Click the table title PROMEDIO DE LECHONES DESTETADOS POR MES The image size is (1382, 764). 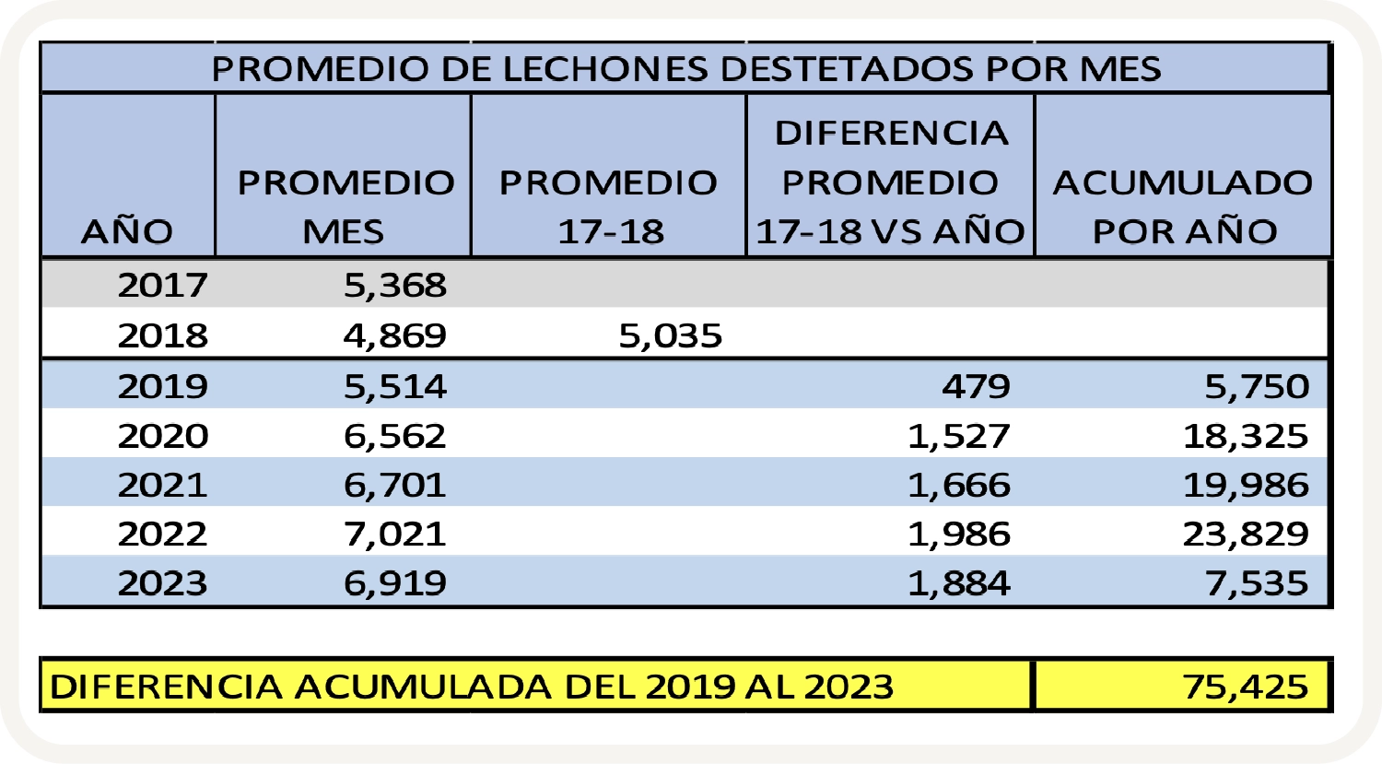(685, 69)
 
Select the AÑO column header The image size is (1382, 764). (127, 231)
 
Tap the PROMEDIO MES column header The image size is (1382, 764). (345, 206)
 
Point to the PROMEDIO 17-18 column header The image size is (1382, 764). (608, 206)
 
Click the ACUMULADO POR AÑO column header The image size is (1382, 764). (1183, 206)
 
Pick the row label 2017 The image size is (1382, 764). (162, 286)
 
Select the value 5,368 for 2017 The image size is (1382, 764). (395, 286)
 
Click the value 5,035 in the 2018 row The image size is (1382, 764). (670, 335)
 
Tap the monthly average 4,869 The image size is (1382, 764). (395, 335)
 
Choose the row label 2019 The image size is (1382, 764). (162, 386)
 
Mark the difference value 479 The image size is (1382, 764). (976, 386)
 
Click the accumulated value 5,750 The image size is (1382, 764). (1257, 386)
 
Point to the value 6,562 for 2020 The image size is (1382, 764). (395, 435)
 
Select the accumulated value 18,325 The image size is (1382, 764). (1246, 435)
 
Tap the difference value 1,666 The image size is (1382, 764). (959, 485)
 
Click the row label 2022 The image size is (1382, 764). (162, 534)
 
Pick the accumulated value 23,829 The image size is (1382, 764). (1246, 534)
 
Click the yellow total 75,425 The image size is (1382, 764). (1246, 687)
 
